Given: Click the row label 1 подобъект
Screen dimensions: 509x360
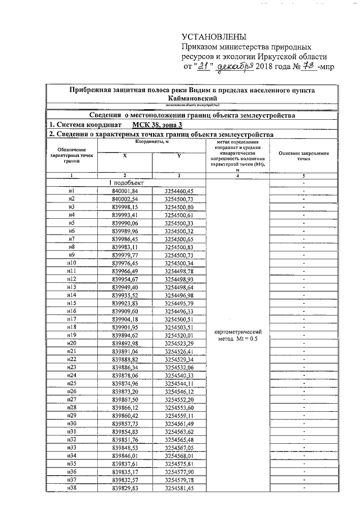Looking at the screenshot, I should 127,183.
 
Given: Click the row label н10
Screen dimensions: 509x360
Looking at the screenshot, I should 71,263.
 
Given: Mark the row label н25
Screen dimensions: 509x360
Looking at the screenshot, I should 71,383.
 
